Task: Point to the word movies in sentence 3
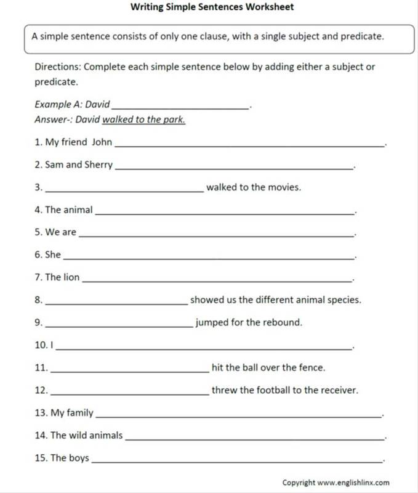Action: [x=284, y=187]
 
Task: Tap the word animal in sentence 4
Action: [x=78, y=210]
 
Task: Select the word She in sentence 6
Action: [x=53, y=255]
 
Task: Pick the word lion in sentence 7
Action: [x=71, y=277]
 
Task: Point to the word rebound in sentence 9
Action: [x=283, y=322]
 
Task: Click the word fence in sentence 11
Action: [x=311, y=368]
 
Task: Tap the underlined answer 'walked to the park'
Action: [x=143, y=120]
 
